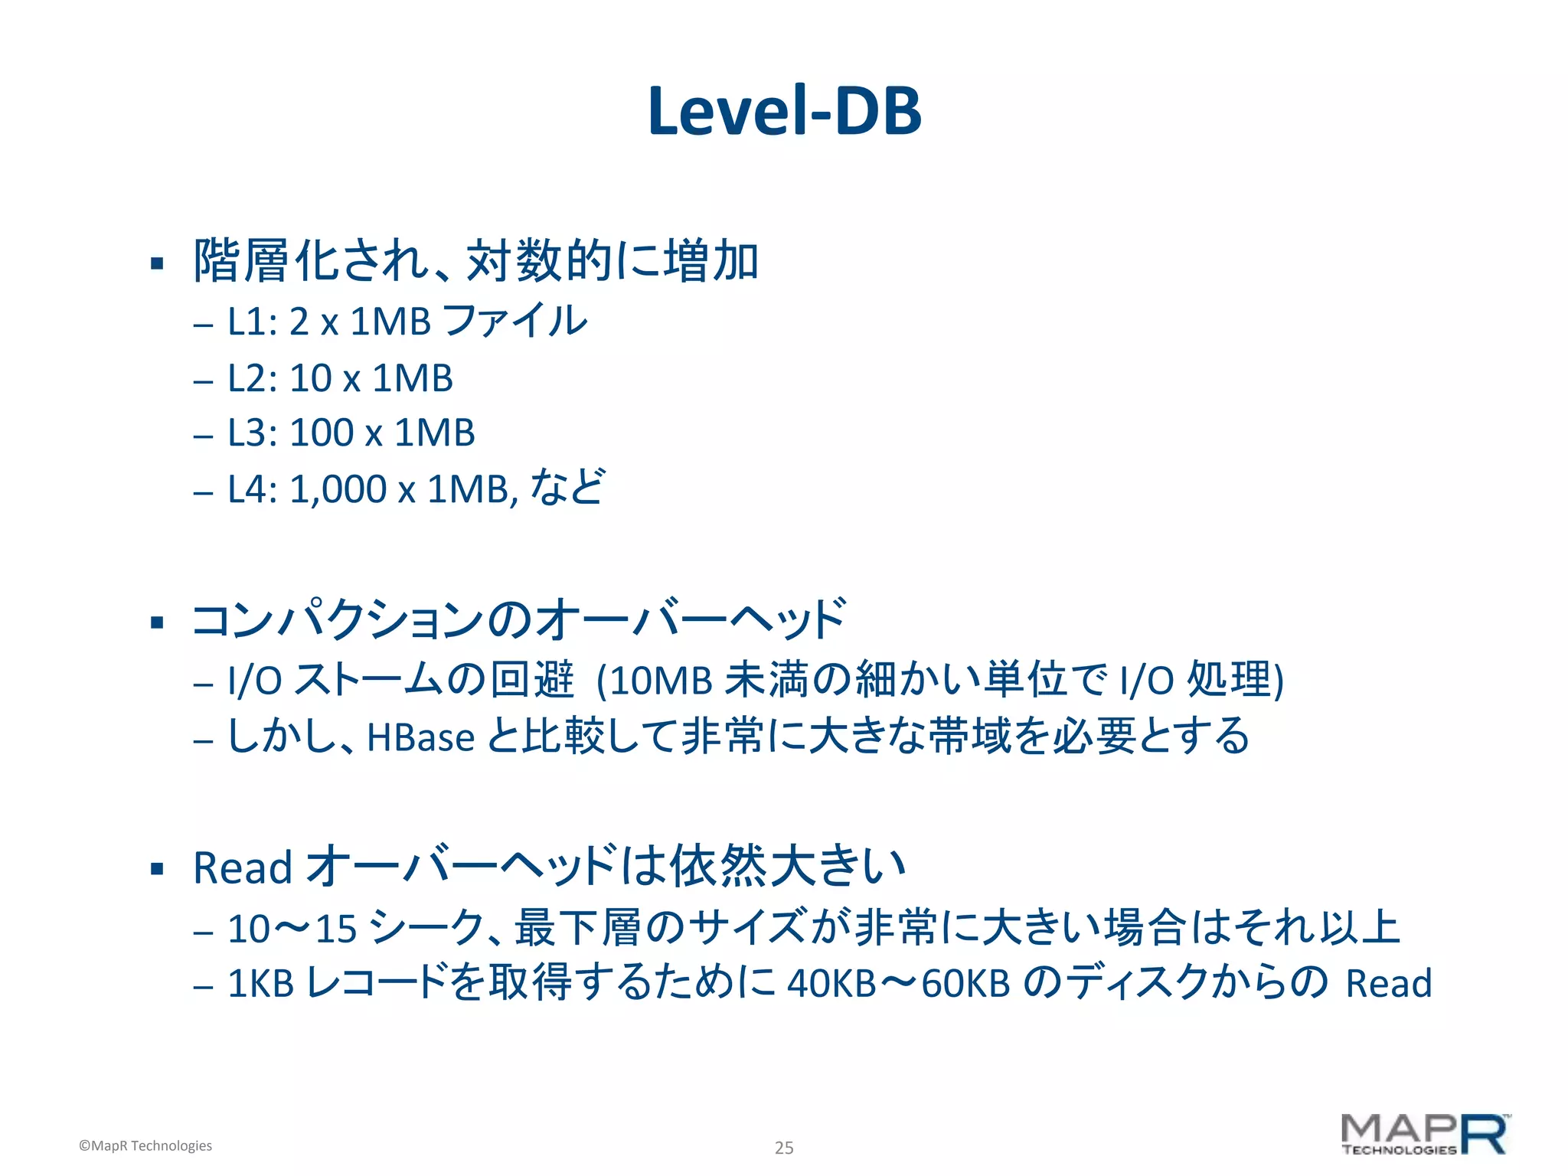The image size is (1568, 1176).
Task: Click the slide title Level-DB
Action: pos(784,112)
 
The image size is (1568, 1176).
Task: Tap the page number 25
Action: pos(784,1148)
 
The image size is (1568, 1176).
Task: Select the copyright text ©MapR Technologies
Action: pos(145,1145)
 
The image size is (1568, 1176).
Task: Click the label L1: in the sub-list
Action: pos(252,322)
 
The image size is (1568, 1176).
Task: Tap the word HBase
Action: pos(421,737)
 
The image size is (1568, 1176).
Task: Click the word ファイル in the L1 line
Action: pos(514,320)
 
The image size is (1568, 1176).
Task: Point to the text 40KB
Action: pos(831,984)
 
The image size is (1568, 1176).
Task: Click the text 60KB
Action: pos(965,984)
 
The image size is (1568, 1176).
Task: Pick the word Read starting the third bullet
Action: pos(243,868)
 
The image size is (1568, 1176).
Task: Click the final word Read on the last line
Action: pos(1389,984)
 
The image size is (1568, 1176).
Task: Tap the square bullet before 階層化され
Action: pos(158,264)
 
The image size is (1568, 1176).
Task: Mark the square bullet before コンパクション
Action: pos(158,622)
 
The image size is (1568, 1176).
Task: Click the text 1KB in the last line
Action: pos(261,984)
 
